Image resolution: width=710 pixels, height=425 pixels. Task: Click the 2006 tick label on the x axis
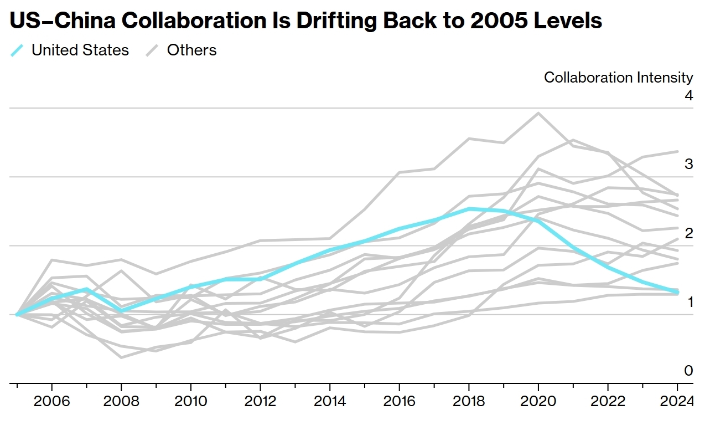point(51,401)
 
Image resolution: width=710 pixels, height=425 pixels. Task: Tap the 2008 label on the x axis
point(121,401)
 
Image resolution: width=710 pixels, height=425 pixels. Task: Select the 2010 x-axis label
point(191,401)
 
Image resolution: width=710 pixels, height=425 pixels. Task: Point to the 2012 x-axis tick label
point(260,401)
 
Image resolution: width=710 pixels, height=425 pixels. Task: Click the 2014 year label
point(330,401)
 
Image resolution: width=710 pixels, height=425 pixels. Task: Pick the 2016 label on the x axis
point(400,401)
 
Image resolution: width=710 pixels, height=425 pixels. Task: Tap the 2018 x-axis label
point(469,401)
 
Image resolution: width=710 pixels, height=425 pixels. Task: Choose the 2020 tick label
point(538,401)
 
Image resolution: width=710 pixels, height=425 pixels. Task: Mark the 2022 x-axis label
point(608,401)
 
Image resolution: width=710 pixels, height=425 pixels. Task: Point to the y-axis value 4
point(688,95)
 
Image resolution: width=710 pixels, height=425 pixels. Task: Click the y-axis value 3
point(688,164)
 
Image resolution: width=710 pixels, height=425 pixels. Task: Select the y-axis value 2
point(688,233)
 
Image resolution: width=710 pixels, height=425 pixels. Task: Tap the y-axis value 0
point(688,371)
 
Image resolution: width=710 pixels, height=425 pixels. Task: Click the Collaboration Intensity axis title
point(618,78)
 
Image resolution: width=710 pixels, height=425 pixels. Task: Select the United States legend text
point(80,50)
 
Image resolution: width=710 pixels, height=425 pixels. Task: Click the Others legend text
point(191,50)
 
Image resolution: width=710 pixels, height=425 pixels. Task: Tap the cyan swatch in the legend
point(17,50)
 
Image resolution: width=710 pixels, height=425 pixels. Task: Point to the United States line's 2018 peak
point(469,209)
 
